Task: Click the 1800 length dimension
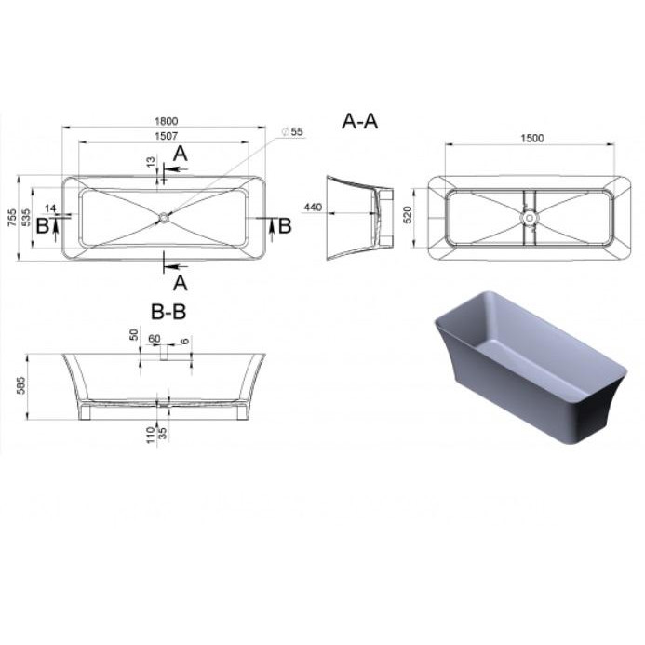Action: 167,121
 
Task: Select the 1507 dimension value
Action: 167,136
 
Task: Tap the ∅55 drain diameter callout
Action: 292,131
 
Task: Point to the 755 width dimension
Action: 12,218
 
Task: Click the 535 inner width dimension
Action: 26,218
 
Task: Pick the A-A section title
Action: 360,122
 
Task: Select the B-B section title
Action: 168,312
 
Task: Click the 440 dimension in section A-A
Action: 313,207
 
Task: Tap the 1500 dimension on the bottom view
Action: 532,138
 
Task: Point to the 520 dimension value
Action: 408,215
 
